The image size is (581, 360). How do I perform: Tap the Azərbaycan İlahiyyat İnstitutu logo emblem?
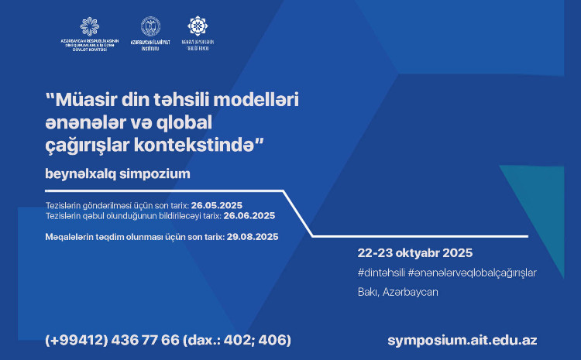[150, 26]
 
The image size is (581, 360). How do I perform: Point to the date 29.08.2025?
[252, 235]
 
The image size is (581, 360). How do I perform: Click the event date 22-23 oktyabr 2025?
[415, 253]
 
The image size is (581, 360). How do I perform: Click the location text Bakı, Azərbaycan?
[397, 292]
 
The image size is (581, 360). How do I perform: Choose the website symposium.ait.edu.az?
[462, 340]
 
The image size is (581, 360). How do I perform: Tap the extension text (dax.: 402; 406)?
[238, 340]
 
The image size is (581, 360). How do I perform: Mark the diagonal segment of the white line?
[298, 213]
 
